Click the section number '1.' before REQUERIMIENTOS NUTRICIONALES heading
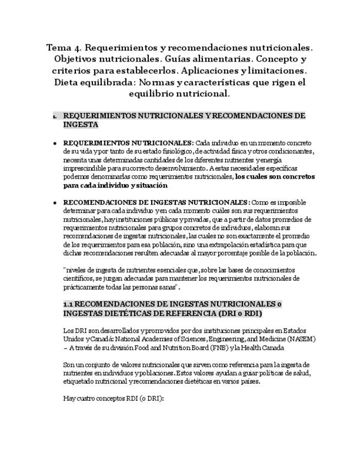[x=55, y=116]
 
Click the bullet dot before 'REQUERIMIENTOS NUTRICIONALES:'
[x=55, y=143]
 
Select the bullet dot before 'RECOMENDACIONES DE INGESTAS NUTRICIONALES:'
[x=55, y=203]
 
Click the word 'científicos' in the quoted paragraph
[x=80, y=279]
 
